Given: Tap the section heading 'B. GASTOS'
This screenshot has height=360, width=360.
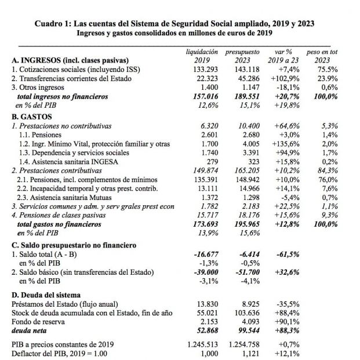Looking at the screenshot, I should click(35, 116).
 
